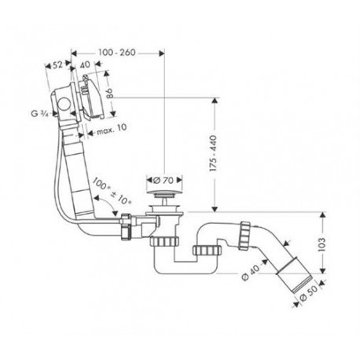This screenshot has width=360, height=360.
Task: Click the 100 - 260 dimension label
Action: click(117, 53)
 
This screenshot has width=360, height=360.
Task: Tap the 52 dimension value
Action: click(57, 64)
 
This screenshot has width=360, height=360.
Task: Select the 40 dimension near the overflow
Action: click(85, 64)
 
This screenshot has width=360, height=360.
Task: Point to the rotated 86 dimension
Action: click(109, 94)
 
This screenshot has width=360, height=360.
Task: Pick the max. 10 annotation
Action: click(112, 129)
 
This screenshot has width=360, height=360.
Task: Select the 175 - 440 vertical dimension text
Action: click(214, 153)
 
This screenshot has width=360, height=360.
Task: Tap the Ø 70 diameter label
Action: click(163, 180)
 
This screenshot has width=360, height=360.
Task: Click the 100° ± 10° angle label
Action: click(112, 191)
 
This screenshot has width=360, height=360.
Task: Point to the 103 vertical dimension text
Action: click(321, 244)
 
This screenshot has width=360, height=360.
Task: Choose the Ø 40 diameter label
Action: click(250, 272)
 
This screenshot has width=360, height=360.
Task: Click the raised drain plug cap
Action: click(164, 193)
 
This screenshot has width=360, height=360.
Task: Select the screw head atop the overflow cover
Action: click(85, 77)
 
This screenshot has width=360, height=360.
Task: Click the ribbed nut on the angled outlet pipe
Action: click(245, 236)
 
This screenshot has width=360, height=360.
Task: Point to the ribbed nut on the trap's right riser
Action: click(207, 250)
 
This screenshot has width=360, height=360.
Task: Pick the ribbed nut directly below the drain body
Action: click(164, 241)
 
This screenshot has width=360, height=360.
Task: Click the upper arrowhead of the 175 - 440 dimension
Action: click(215, 101)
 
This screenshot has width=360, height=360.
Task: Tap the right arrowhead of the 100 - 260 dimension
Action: click(161, 53)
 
